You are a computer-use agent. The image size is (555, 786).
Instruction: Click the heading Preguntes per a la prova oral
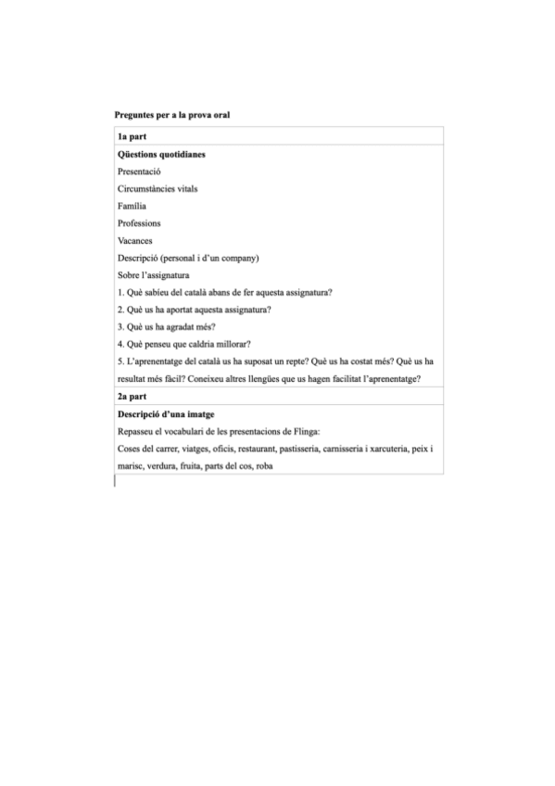pyautogui.click(x=171, y=116)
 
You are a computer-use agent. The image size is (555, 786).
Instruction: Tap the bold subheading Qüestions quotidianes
pyautogui.click(x=161, y=154)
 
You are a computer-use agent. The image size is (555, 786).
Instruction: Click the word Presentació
pyautogui.click(x=140, y=171)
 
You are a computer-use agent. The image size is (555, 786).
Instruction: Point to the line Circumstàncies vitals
pyautogui.click(x=158, y=189)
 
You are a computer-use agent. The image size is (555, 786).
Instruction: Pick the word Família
pyautogui.click(x=132, y=206)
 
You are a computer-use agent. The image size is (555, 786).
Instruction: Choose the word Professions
pyautogui.click(x=139, y=223)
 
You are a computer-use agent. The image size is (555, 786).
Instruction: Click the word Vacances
pyautogui.click(x=135, y=241)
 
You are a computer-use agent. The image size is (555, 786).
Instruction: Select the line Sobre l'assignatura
pyautogui.click(x=154, y=275)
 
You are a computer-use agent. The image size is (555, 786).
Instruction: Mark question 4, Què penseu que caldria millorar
pyautogui.click(x=184, y=345)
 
